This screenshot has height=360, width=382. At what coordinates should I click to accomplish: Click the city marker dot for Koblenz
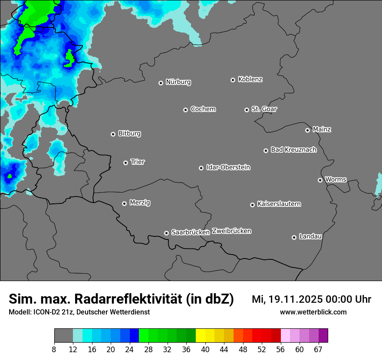tap(233, 80)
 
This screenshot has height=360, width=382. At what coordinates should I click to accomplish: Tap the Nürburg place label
tap(178, 82)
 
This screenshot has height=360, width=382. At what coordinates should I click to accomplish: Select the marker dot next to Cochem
tap(185, 110)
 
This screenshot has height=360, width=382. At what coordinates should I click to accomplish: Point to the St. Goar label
tap(264, 109)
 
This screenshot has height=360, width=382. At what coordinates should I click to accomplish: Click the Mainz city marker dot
tap(307, 130)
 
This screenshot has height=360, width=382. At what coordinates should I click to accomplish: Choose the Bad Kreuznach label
tap(293, 150)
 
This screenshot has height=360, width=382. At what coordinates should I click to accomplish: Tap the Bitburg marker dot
tap(113, 134)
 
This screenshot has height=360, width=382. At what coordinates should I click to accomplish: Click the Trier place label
tap(138, 162)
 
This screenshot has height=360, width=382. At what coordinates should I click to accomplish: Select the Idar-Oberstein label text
tap(228, 167)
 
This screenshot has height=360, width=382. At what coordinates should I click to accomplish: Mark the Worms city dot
tap(320, 180)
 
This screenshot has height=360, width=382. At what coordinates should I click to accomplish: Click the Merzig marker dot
tap(124, 203)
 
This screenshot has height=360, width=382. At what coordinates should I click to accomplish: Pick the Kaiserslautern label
tap(279, 204)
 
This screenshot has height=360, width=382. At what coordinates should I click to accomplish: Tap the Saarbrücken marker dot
tap(166, 233)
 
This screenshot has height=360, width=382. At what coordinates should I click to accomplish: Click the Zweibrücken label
tap(231, 231)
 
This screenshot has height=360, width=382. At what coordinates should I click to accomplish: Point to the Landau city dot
tap(294, 237)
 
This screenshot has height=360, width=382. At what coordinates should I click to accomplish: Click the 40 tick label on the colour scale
tap(205, 349)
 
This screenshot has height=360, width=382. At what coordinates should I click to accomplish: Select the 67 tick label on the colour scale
tap(318, 349)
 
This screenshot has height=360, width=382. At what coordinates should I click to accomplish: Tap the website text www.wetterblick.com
tap(313, 312)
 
